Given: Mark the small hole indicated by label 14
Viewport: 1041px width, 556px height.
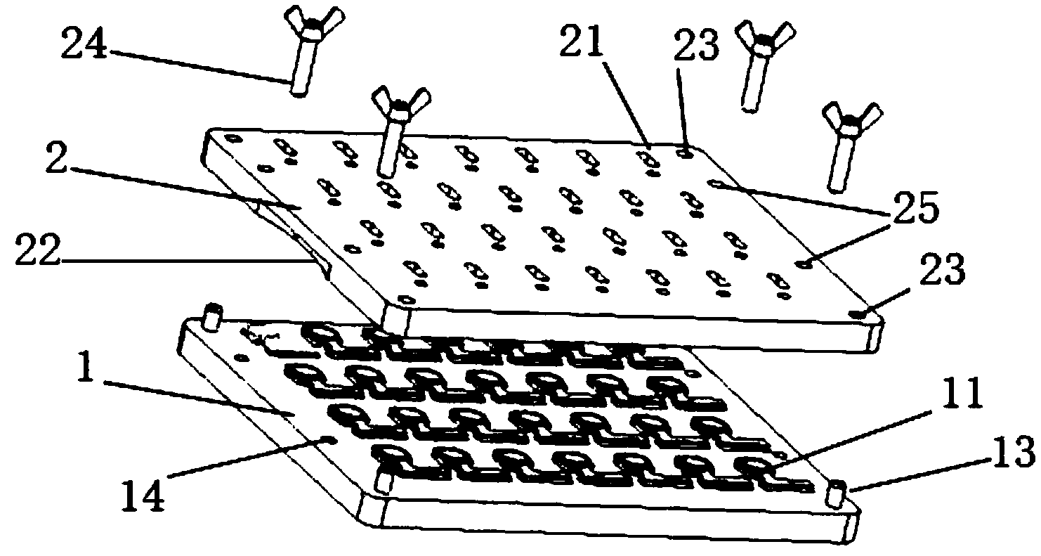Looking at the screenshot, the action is (x=327, y=441).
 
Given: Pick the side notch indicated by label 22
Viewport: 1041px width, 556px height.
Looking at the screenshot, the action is (x=309, y=250).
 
